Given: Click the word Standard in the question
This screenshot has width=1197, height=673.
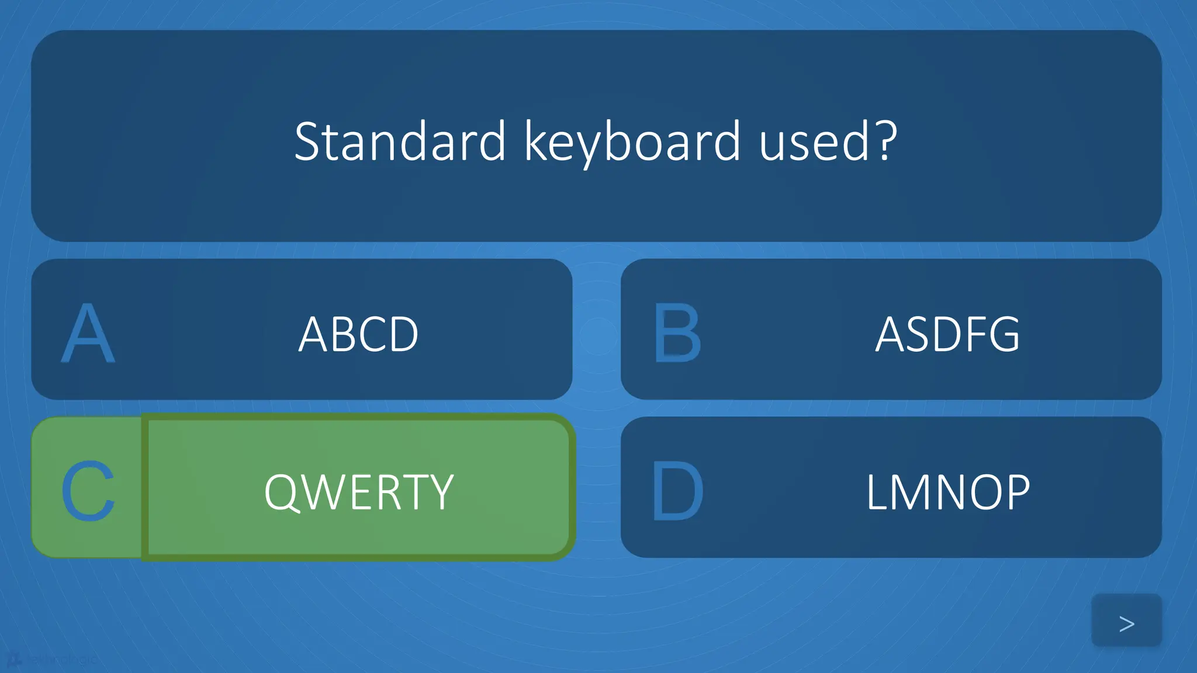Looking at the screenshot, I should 400,141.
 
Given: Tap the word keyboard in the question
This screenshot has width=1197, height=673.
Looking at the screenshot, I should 632,141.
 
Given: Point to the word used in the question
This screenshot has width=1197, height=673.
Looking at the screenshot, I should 814,141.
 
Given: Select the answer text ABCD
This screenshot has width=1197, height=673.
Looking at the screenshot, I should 358,334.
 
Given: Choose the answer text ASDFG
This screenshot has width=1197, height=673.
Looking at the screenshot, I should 947,334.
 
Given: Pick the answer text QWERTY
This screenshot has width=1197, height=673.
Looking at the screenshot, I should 359,492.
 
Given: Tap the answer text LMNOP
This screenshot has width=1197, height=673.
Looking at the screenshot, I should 947,492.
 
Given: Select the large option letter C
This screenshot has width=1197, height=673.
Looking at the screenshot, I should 88,491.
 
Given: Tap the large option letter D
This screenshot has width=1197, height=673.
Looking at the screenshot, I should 677,491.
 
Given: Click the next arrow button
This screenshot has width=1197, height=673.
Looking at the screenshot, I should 1126,623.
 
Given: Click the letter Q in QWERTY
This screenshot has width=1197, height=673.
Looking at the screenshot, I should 282,492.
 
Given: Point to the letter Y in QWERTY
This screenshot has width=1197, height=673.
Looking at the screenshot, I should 442,492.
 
